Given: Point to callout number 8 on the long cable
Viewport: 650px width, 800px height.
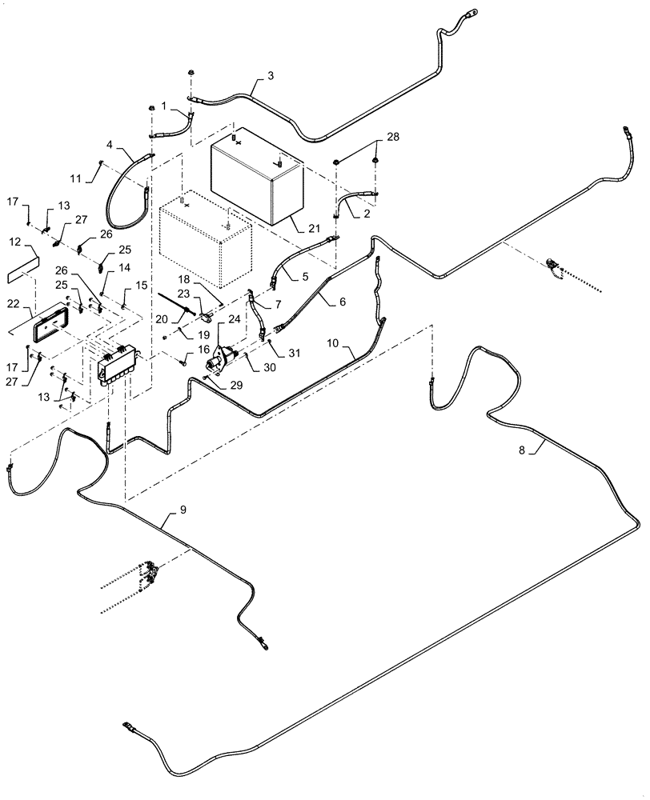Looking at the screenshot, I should click(522, 450).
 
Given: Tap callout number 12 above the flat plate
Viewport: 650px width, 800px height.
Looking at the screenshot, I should click(15, 241).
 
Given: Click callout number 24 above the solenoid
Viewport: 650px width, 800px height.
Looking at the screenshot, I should click(234, 319).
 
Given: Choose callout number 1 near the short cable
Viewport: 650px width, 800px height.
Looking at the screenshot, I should click(164, 106).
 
